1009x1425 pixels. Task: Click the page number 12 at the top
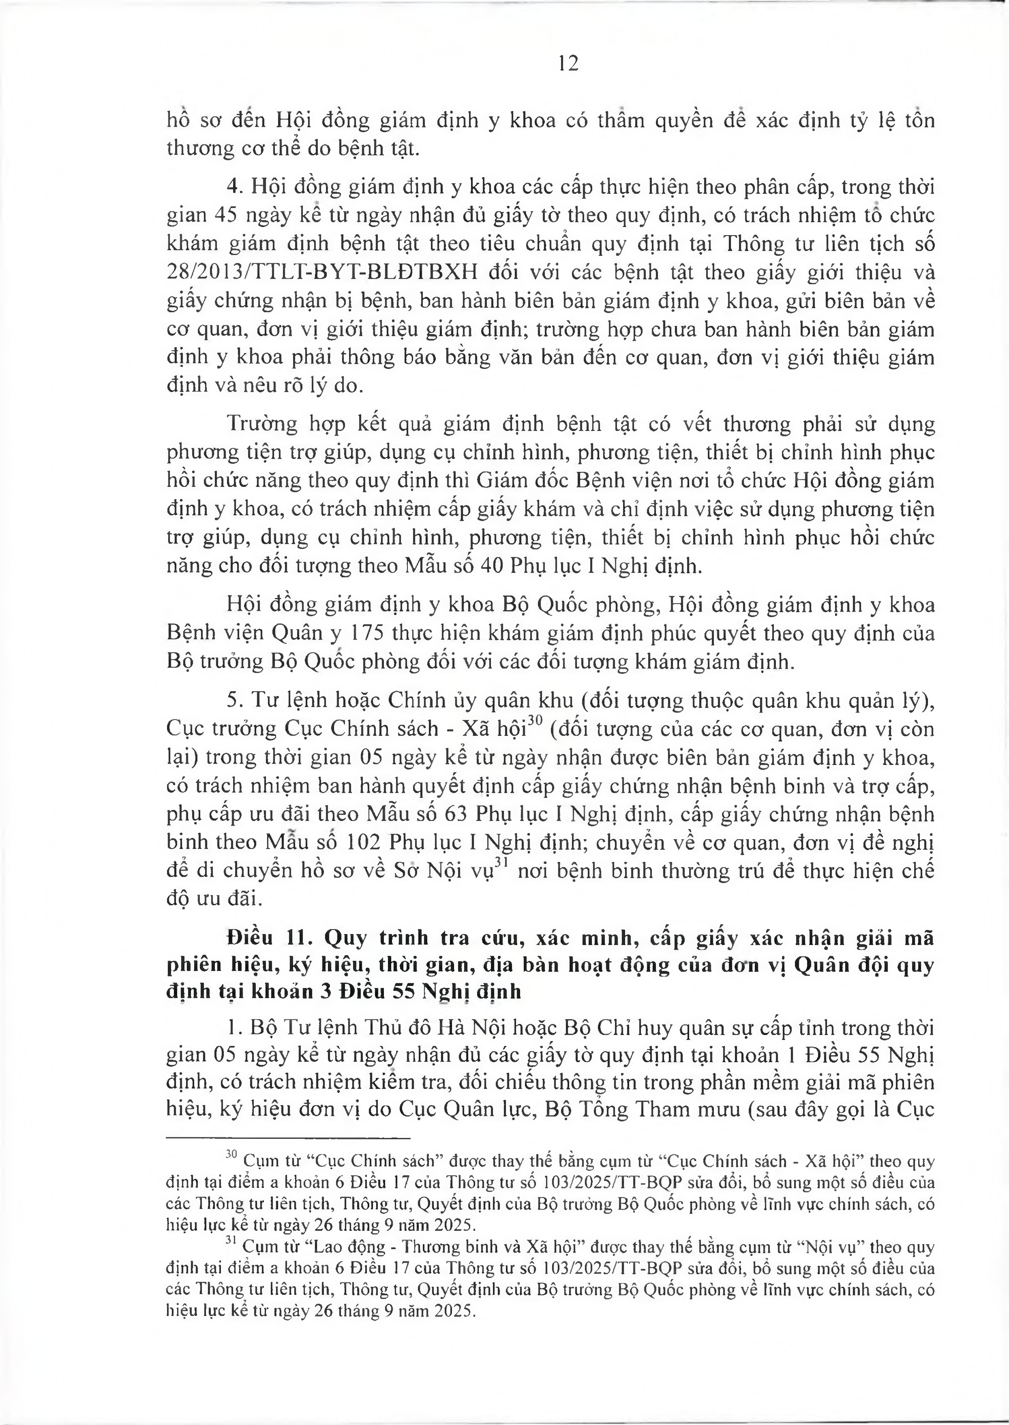point(568,64)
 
